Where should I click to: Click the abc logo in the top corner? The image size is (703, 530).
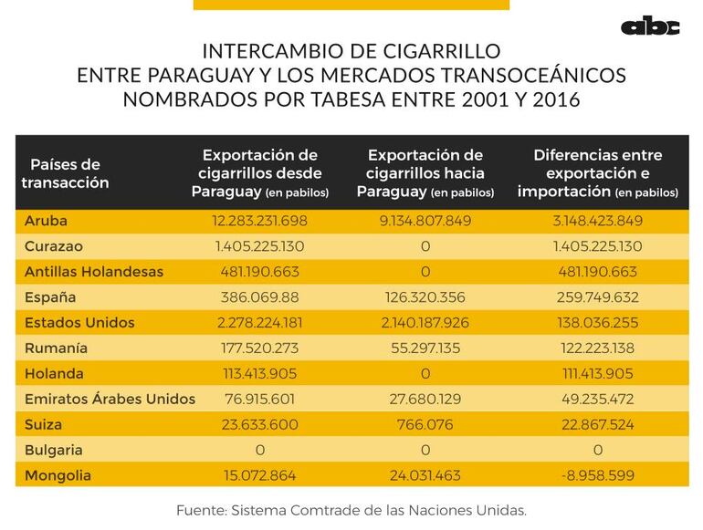click(x=650, y=27)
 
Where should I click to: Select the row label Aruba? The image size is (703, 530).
click(x=46, y=221)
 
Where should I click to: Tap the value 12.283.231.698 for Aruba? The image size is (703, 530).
click(x=260, y=221)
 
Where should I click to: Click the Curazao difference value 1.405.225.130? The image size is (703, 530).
click(x=597, y=246)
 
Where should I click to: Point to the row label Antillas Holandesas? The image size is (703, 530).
click(x=94, y=272)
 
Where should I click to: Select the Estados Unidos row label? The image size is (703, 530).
click(x=79, y=323)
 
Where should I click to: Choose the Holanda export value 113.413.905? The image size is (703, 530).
click(x=260, y=374)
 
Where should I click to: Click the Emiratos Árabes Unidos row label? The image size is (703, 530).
click(x=110, y=399)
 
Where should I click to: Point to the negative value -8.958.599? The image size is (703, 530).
click(x=597, y=475)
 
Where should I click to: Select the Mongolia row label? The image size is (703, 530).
click(x=58, y=475)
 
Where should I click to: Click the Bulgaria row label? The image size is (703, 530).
click(x=54, y=450)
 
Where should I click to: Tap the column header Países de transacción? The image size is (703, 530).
click(x=65, y=173)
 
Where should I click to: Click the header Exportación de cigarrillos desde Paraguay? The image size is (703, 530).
click(x=260, y=173)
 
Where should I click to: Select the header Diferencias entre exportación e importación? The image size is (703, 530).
click(x=597, y=173)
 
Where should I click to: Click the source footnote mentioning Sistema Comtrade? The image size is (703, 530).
click(x=351, y=510)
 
